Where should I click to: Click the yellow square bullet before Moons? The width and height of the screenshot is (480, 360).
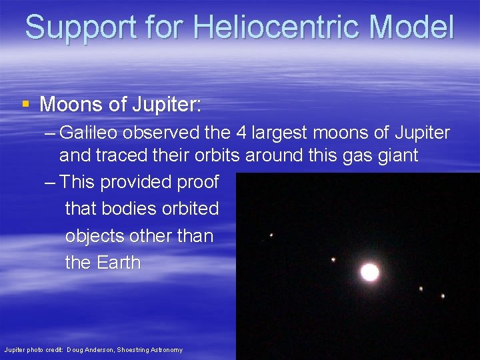tap(25, 104)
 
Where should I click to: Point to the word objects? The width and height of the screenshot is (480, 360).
tap(94, 236)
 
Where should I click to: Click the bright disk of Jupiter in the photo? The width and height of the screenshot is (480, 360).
tap(369, 272)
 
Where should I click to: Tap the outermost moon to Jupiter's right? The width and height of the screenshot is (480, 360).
tap(443, 295)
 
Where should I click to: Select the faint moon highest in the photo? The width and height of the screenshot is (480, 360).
tap(271, 235)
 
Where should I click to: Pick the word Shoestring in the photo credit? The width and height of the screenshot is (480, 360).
tap(141, 350)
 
